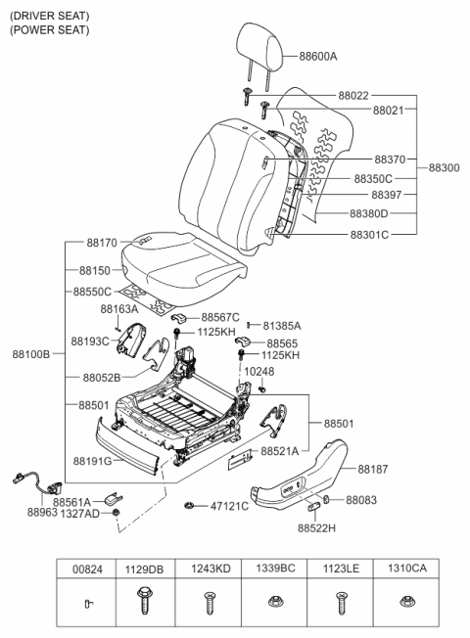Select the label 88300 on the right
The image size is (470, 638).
coord(444,167)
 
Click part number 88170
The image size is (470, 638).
coord(101,241)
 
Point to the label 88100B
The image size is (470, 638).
coord(31,353)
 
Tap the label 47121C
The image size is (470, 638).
coord(228,506)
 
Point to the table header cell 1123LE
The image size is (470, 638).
coord(340,568)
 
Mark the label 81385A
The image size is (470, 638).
coord(281,325)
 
